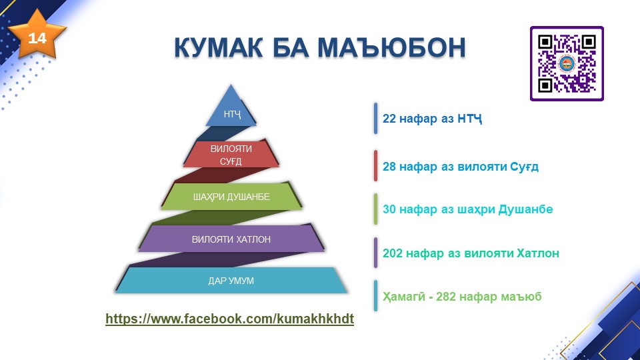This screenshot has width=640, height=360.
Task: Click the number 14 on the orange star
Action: coord(37,39)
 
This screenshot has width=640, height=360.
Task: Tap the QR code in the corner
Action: coord(567,64)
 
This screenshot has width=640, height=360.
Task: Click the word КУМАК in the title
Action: coord(219,48)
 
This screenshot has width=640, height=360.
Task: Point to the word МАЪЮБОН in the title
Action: coord(391,48)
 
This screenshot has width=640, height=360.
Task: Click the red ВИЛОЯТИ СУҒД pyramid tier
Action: coord(231,154)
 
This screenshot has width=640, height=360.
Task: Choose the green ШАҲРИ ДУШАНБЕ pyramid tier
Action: coord(231,197)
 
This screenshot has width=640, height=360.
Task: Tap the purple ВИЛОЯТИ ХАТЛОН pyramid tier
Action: coord(231,239)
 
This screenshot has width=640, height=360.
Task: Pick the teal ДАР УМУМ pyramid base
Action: coord(231,281)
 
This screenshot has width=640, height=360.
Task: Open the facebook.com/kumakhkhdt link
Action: coord(230,319)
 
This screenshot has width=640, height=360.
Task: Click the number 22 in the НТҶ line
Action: coord(389,119)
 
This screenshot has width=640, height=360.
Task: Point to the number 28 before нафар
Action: coord(389,167)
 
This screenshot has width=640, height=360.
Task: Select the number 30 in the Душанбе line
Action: coord(389,209)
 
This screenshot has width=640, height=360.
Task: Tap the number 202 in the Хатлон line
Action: coord(392,253)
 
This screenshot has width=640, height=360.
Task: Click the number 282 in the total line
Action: coord(446,296)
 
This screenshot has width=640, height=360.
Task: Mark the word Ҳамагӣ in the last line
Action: coord(404,297)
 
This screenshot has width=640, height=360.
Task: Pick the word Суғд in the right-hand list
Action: coord(524,167)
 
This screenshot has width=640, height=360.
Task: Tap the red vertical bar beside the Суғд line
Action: coord(375,166)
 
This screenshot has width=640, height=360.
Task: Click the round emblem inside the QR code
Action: coord(567,64)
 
